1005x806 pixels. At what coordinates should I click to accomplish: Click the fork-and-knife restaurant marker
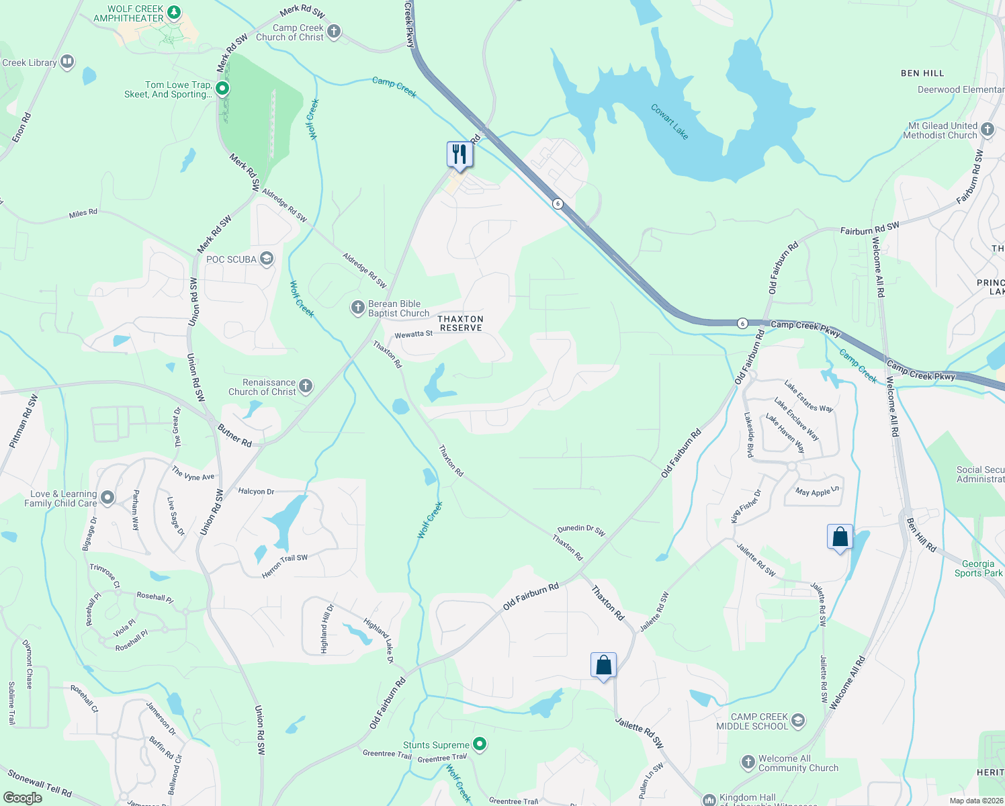(460, 154)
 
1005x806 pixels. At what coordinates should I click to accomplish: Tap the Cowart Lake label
(669, 121)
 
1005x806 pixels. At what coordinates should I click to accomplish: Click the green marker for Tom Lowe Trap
(222, 89)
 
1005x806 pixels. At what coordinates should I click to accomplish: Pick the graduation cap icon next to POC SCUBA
(267, 259)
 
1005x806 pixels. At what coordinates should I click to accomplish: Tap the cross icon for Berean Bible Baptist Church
(358, 308)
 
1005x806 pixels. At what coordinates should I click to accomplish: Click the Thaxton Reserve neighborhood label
(461, 323)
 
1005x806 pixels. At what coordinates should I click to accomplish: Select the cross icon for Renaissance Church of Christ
(306, 386)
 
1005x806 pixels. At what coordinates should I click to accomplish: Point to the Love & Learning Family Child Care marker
(107, 498)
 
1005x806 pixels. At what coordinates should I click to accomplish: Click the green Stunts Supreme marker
(480, 744)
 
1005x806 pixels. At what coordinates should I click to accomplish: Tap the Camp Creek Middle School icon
(798, 721)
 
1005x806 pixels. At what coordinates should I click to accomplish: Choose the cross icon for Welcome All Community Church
(748, 762)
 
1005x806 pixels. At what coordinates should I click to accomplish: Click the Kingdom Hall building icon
(709, 799)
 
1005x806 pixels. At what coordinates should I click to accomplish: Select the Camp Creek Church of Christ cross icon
(334, 32)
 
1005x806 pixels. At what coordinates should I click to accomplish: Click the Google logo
(23, 797)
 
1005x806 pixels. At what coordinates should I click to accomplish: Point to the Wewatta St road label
(413, 334)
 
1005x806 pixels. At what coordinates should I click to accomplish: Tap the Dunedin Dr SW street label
(581, 531)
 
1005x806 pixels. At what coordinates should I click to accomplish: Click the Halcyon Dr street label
(256, 492)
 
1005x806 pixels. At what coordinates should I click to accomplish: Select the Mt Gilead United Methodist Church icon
(987, 130)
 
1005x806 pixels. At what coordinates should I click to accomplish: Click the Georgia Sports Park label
(978, 568)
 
